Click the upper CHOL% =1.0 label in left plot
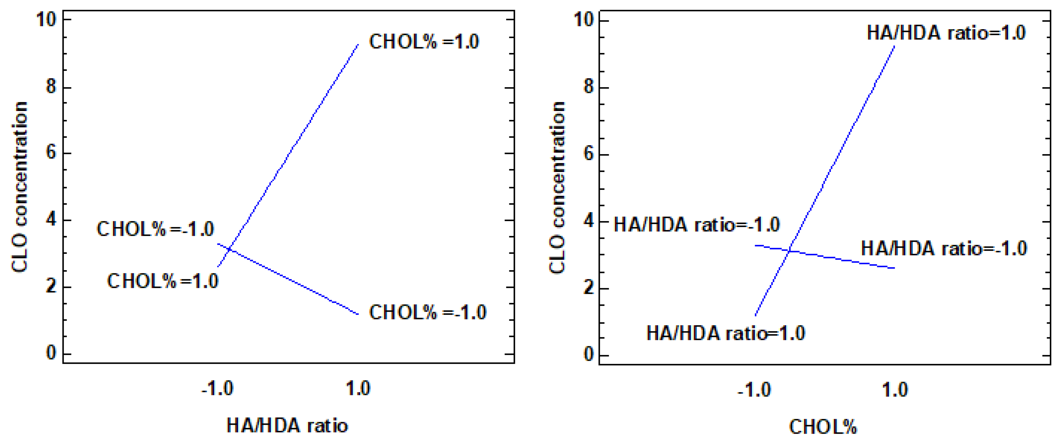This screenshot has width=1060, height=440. coord(424,42)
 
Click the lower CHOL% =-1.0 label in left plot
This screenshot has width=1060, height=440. coord(427,313)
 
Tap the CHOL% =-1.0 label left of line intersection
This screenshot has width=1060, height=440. coord(155,229)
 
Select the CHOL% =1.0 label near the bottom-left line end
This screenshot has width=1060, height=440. coord(163,281)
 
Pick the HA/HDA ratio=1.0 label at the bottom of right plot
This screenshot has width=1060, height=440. coord(726,333)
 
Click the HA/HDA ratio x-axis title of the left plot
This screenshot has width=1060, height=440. coord(287,426)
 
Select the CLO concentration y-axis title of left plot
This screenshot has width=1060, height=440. coord(19,187)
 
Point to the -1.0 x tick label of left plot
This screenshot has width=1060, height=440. coord(217,389)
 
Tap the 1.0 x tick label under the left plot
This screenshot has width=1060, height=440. coord(358,389)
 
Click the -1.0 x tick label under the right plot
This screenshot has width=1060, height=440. coord(754,390)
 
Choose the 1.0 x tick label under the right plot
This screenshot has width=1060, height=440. coord(895,390)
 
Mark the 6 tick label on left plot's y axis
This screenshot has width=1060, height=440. coord(51,153)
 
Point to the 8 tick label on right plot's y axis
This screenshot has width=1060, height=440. coord(589,87)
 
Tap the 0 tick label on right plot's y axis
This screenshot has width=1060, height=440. coord(589,354)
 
